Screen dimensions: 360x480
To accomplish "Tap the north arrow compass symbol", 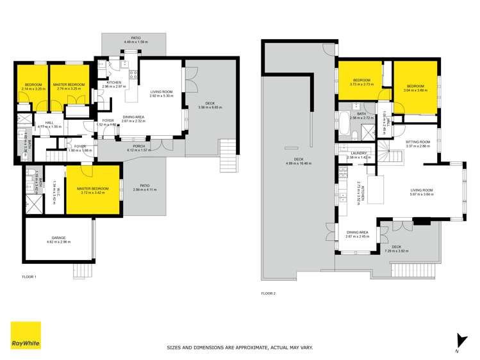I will click(x=458, y=340).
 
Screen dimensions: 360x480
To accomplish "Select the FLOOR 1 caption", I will click(x=29, y=277).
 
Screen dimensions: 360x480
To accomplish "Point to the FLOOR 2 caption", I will click(x=268, y=293).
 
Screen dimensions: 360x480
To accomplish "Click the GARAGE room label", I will click(x=58, y=240).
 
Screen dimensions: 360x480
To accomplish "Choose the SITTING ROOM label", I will click(x=418, y=143).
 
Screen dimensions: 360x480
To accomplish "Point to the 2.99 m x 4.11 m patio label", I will click(x=144, y=188).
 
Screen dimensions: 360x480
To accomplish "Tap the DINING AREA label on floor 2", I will click(x=357, y=234).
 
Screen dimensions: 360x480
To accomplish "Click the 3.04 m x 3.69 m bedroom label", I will click(x=415, y=88).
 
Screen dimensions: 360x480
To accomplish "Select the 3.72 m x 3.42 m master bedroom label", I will click(x=93, y=190).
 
